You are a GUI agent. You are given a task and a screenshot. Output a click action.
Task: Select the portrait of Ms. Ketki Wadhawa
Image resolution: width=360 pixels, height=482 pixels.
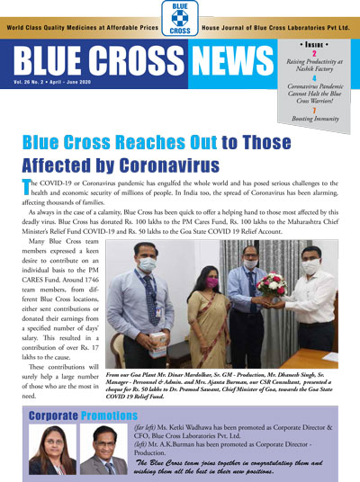click(52, 450)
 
